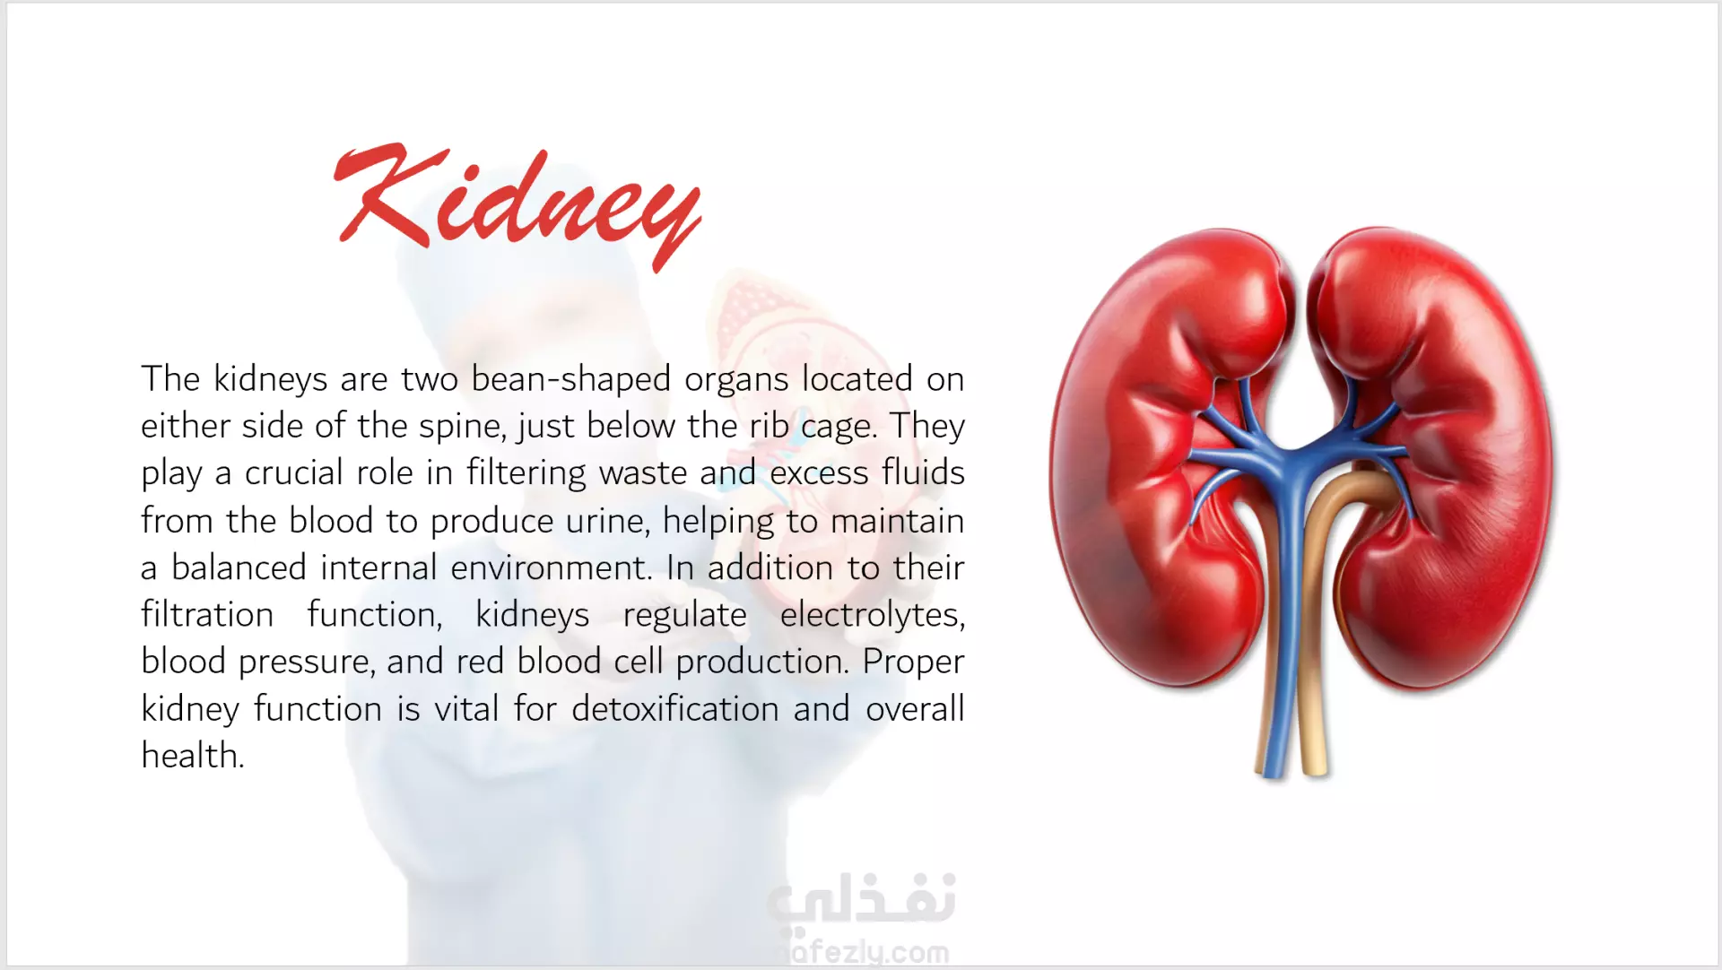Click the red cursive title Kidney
pyautogui.click(x=517, y=206)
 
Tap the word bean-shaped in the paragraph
pyautogui.click(x=570, y=379)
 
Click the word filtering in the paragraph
pyautogui.click(x=526, y=472)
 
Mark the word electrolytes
pyautogui.click(x=873, y=615)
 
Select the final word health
pyautogui.click(x=193, y=756)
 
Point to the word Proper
pyautogui.click(x=913, y=663)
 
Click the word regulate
pyautogui.click(x=684, y=615)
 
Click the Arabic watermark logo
pyautogui.click(x=861, y=899)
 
